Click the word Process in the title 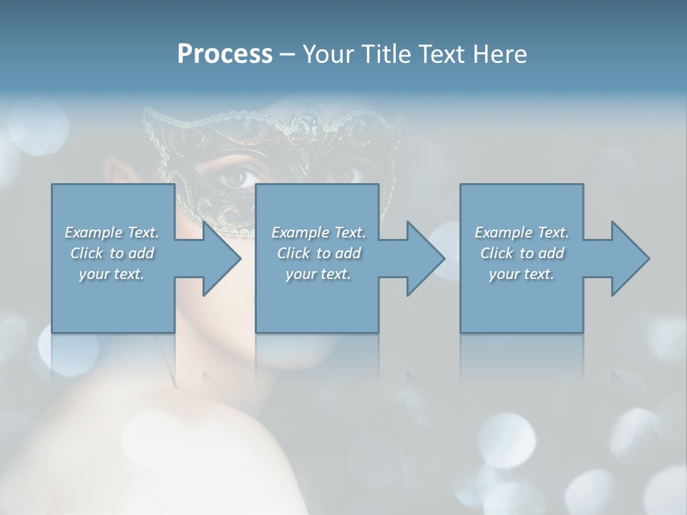pyautogui.click(x=225, y=54)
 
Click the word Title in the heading pyautogui.click(x=380, y=54)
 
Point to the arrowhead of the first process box pyautogui.click(x=222, y=258)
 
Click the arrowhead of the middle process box pyautogui.click(x=426, y=258)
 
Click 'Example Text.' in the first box pyautogui.click(x=112, y=232)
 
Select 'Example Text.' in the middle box pyautogui.click(x=318, y=232)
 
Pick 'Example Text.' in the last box pyautogui.click(x=522, y=232)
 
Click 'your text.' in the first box pyautogui.click(x=112, y=274)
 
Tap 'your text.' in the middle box pyautogui.click(x=318, y=274)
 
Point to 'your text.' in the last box pyautogui.click(x=522, y=274)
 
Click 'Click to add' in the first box pyautogui.click(x=112, y=253)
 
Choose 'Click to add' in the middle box pyautogui.click(x=318, y=253)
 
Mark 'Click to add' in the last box pyautogui.click(x=522, y=253)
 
